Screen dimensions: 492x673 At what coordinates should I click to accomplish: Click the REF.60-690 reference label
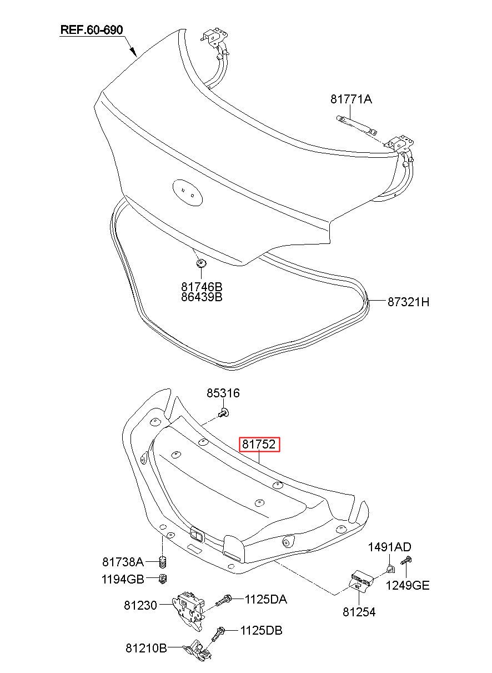(92, 30)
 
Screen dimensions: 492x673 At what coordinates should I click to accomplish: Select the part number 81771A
(351, 99)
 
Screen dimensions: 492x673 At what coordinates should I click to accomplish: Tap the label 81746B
(202, 287)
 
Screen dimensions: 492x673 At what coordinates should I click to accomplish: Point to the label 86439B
(202, 297)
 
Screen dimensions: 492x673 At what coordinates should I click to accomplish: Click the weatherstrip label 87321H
(408, 302)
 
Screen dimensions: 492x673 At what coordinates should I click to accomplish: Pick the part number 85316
(223, 393)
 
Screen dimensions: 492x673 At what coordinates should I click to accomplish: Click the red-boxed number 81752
(259, 444)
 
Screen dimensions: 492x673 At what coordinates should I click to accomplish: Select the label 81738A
(123, 562)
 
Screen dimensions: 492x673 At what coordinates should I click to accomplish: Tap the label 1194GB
(123, 579)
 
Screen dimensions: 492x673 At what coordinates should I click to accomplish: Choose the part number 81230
(140, 605)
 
